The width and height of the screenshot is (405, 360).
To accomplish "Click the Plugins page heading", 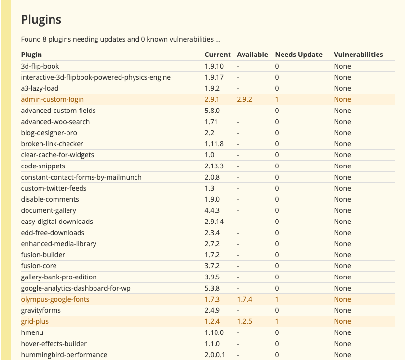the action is coord(41,20).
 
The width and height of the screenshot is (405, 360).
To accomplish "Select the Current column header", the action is coord(217,55).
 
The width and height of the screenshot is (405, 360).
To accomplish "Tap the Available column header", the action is coord(252,55).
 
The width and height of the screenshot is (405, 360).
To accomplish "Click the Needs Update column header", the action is coord(298,55).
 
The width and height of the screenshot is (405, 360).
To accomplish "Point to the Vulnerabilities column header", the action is coord(358,55).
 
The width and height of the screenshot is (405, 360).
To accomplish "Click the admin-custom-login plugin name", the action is coord(53,99).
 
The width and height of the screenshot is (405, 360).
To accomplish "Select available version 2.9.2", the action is coord(244,99).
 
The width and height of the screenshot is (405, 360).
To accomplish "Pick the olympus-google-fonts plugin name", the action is coord(55,299).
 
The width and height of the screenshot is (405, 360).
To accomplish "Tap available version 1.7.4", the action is coord(244,299).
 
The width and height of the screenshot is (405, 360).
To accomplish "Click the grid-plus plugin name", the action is coord(35,321).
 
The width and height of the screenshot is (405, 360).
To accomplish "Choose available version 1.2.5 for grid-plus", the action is coord(244,321).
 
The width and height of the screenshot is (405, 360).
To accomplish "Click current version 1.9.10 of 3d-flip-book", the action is coord(214,66).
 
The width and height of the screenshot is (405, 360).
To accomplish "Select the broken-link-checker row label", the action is coord(52,144).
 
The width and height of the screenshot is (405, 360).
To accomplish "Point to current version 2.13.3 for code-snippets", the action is coord(214,166).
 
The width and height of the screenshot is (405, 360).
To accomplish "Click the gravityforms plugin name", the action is coord(41,310).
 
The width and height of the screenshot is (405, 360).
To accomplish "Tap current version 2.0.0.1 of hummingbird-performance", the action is coord(215,355).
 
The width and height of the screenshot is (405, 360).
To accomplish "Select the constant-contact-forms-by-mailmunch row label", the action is coord(81,177).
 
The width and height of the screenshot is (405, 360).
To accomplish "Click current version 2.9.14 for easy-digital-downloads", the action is coord(214,222).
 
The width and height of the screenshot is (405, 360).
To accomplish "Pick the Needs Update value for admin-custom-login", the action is coord(277,99).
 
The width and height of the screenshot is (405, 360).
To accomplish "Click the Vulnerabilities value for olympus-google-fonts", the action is coord(342,299).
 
